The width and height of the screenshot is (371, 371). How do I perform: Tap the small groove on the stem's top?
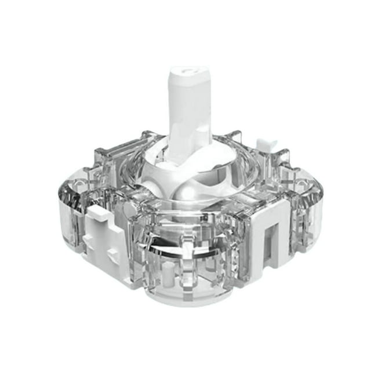coord(186,73)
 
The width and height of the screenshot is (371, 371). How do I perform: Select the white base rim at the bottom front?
coord(191,296)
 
